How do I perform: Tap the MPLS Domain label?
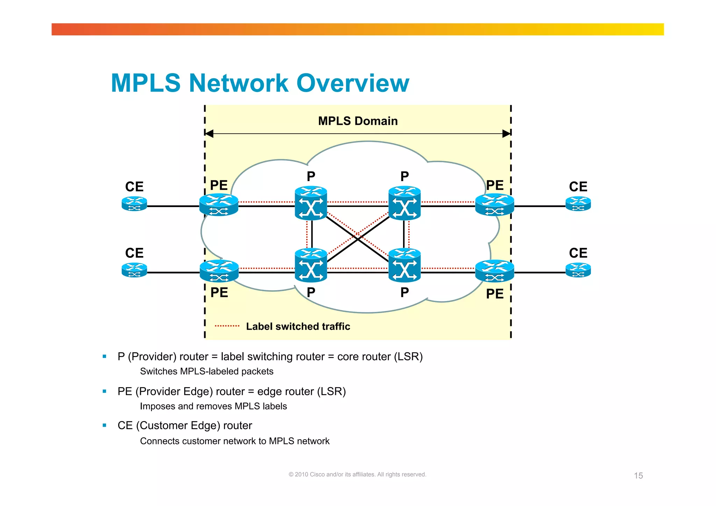358,121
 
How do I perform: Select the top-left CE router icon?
134,204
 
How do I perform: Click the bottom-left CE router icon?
134,270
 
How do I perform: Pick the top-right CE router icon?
578,204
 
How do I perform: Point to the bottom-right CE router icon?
578,270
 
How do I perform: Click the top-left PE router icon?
219,205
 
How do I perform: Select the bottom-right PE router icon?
494,271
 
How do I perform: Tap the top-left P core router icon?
311,203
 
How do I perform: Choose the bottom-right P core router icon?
404,265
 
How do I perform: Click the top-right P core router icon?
404,203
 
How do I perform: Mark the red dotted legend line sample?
227,326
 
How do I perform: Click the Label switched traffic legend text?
298,326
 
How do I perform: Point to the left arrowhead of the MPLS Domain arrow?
209,134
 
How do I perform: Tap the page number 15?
638,476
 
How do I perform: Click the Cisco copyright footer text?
357,475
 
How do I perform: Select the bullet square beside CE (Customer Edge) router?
105,425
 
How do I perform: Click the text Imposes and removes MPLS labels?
213,406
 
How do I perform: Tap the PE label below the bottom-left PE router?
219,292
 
